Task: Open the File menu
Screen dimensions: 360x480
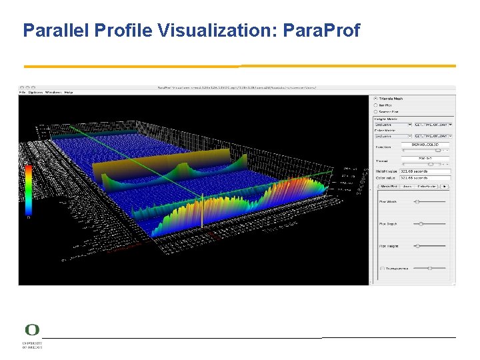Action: tap(21, 92)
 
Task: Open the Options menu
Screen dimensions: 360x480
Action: tap(35, 92)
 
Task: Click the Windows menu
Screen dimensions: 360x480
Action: tap(53, 92)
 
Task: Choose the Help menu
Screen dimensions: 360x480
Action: tap(69, 92)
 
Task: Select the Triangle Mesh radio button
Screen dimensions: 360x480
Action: tap(375, 99)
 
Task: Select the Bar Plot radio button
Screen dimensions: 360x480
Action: tap(375, 105)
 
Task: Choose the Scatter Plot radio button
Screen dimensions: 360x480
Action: tap(375, 111)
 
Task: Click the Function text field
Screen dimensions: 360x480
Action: tap(425, 145)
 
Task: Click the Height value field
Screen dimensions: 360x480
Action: tap(425, 171)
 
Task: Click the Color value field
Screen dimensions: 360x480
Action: tap(425, 178)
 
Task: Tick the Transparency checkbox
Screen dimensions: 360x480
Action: tap(381, 268)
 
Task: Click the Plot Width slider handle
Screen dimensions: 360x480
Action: tap(417, 201)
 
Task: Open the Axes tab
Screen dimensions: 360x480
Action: tap(407, 187)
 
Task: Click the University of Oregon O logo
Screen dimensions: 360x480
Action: tap(32, 331)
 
